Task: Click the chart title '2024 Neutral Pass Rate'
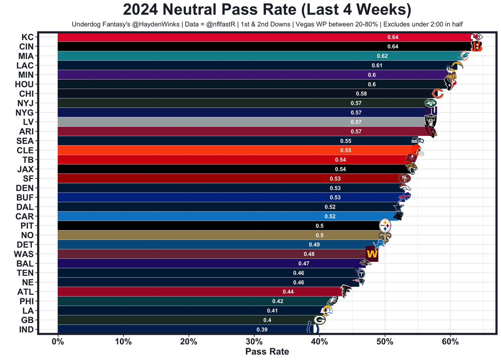click(267, 10)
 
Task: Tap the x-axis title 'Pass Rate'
click(267, 351)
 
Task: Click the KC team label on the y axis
click(27, 37)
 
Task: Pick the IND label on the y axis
click(26, 329)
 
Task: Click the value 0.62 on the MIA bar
click(382, 56)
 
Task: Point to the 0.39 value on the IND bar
click(262, 329)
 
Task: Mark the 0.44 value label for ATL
click(288, 292)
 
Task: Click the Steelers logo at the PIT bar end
click(385, 225)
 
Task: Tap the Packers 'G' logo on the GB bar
click(319, 320)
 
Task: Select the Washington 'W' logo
click(372, 254)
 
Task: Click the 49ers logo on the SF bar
click(405, 178)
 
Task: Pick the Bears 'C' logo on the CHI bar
click(437, 94)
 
